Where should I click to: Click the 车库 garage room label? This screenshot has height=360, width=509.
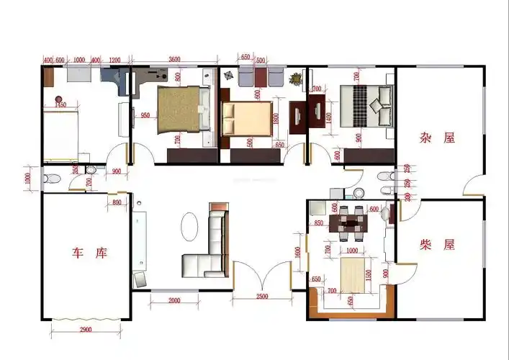pyautogui.click(x=89, y=253)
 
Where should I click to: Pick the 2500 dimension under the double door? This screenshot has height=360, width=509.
pyautogui.click(x=261, y=297)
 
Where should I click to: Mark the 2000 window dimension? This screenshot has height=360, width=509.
pyautogui.click(x=174, y=300)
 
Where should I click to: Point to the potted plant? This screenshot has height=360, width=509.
pyautogui.click(x=294, y=78)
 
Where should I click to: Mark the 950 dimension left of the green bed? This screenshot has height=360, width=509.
pyautogui.click(x=145, y=115)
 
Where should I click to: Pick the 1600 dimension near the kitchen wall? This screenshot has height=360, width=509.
pyautogui.click(x=297, y=254)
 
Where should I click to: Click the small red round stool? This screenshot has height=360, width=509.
pyautogui.click(x=58, y=98)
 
